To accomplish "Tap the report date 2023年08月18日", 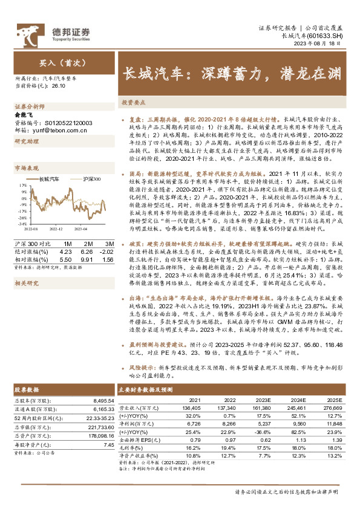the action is click(x=324, y=45).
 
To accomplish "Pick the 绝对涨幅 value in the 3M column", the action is click(x=107, y=250).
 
